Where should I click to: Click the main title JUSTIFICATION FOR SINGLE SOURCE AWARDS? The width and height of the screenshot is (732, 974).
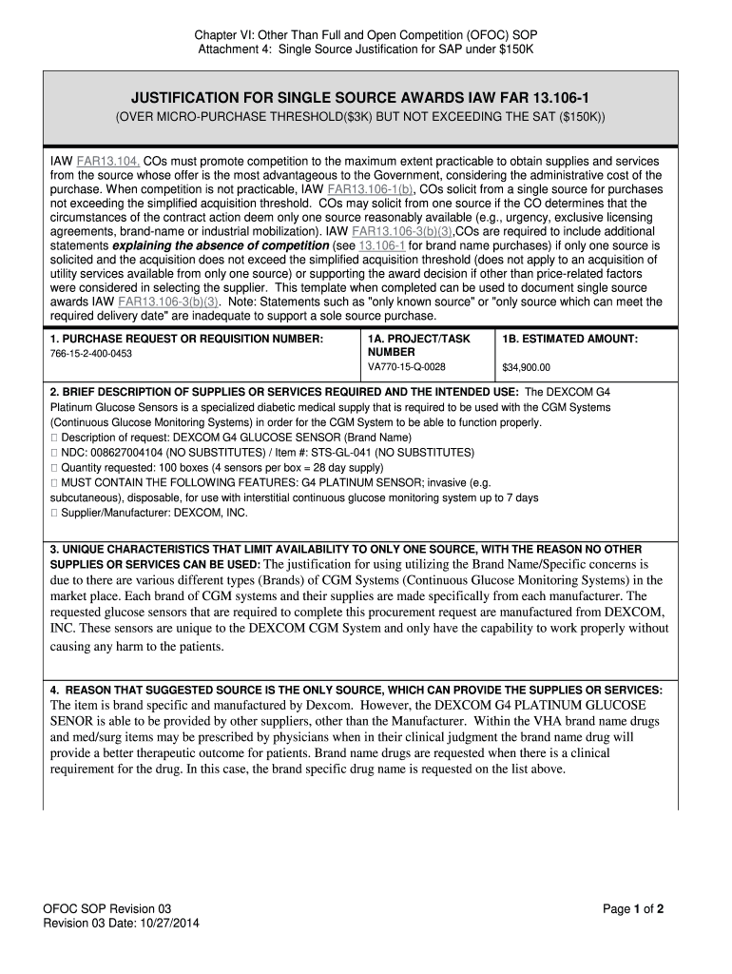tap(365, 97)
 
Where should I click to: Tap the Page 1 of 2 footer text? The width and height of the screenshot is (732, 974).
tap(633, 908)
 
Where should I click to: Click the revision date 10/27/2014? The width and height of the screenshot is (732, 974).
tap(168, 923)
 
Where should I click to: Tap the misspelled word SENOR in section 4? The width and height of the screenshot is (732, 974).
tap(71, 721)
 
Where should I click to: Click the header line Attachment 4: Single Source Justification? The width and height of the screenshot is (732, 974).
tap(367, 49)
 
